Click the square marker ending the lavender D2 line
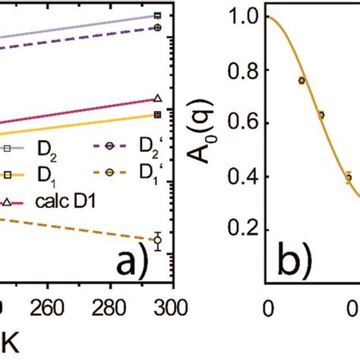pos(157,15)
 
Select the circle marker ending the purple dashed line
pos(157,27)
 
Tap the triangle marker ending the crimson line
pos(157,98)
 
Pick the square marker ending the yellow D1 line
pos(157,115)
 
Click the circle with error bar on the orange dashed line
pos(157,241)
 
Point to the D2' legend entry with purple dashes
pos(126,147)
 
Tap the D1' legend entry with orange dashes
pos(126,174)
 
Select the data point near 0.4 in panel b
pos(349,177)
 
